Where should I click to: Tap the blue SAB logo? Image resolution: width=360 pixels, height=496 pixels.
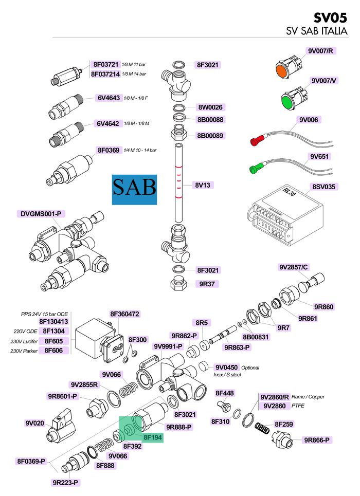134,188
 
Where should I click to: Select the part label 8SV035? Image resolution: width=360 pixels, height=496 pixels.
325,186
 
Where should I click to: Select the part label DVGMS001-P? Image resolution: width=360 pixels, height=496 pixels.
41,213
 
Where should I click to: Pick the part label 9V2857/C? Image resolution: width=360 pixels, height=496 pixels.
294,267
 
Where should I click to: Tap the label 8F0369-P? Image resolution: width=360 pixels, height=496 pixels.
31,461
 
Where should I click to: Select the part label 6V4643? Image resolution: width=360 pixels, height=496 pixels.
108,98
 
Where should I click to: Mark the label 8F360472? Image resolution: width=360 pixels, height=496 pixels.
125,314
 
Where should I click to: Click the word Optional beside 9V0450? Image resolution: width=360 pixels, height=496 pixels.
250,368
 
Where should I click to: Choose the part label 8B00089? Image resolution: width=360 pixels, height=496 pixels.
210,136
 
